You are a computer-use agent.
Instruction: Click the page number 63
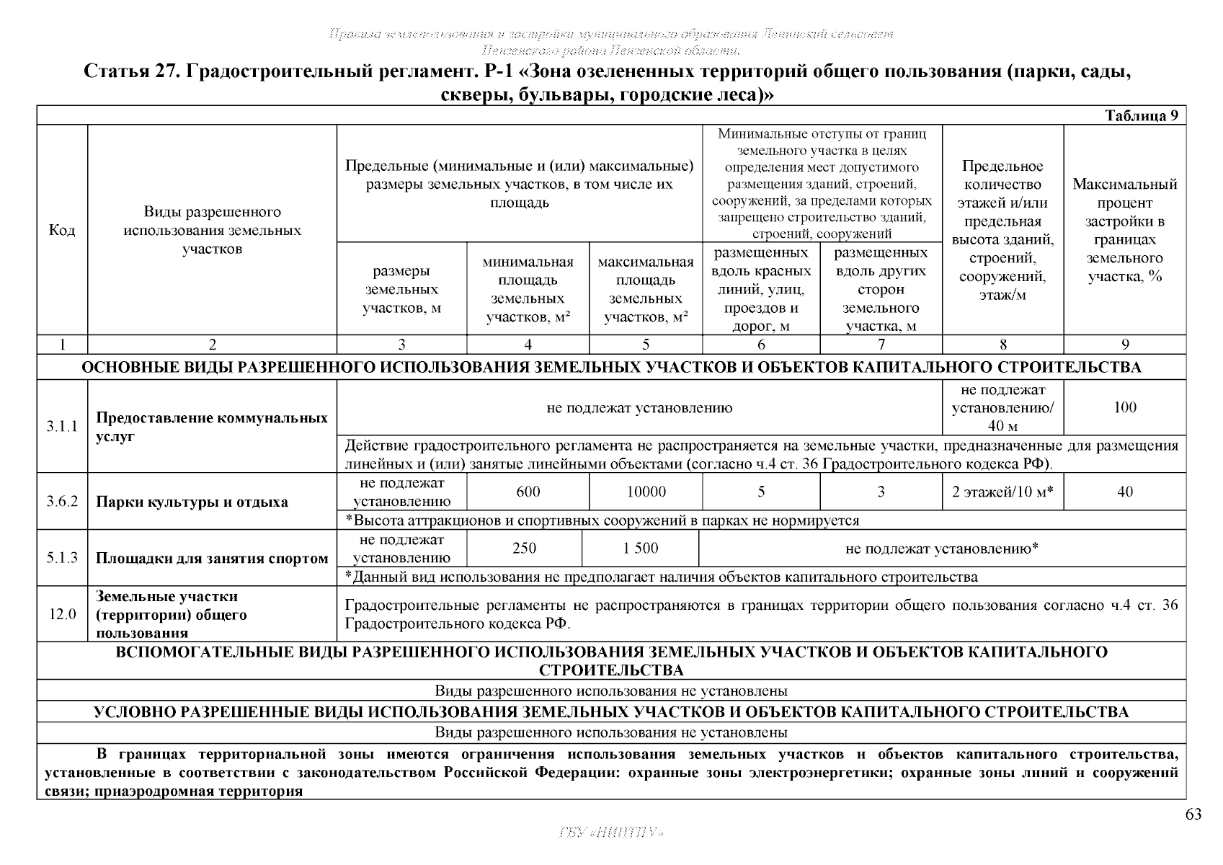coord(1193,815)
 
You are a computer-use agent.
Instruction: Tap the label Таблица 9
coord(1142,116)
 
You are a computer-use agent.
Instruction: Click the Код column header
coord(62,230)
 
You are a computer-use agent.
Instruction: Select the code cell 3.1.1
coord(62,426)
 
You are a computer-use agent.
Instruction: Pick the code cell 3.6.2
coord(62,502)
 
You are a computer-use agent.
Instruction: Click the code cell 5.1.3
coord(62,558)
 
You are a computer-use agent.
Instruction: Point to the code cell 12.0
coord(62,614)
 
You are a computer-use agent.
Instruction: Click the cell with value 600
coord(528,492)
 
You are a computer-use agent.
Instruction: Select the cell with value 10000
coord(646,492)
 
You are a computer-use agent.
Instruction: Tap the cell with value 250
coord(524,549)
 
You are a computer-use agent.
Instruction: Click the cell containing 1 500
coord(641,549)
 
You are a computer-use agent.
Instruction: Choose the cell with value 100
coord(1124,407)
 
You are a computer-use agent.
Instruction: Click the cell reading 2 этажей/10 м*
coord(1002,492)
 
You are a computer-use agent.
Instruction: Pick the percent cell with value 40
coord(1124,492)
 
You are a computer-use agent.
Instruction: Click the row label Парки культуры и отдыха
coord(192,502)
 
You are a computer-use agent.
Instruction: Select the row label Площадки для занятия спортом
coord(212,558)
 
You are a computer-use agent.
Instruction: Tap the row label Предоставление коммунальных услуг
coord(212,427)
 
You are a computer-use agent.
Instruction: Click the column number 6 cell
coord(761,345)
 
